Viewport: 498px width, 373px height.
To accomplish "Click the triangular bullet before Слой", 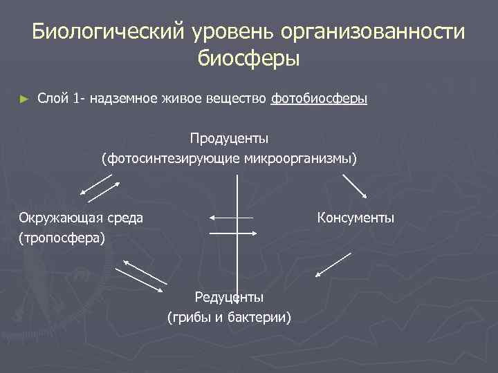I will [26, 99].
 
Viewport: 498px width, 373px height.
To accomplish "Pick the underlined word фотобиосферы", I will [319, 99].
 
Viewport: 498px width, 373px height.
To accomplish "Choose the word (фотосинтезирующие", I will [172, 159].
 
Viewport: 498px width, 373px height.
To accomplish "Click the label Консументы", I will [356, 218].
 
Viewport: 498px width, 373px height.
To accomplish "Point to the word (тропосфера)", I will [62, 238].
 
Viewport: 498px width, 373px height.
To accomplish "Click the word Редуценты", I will [229, 298].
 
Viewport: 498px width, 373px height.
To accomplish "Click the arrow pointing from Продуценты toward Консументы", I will [355, 184].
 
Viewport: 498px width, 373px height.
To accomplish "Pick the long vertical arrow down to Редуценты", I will [237, 235].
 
